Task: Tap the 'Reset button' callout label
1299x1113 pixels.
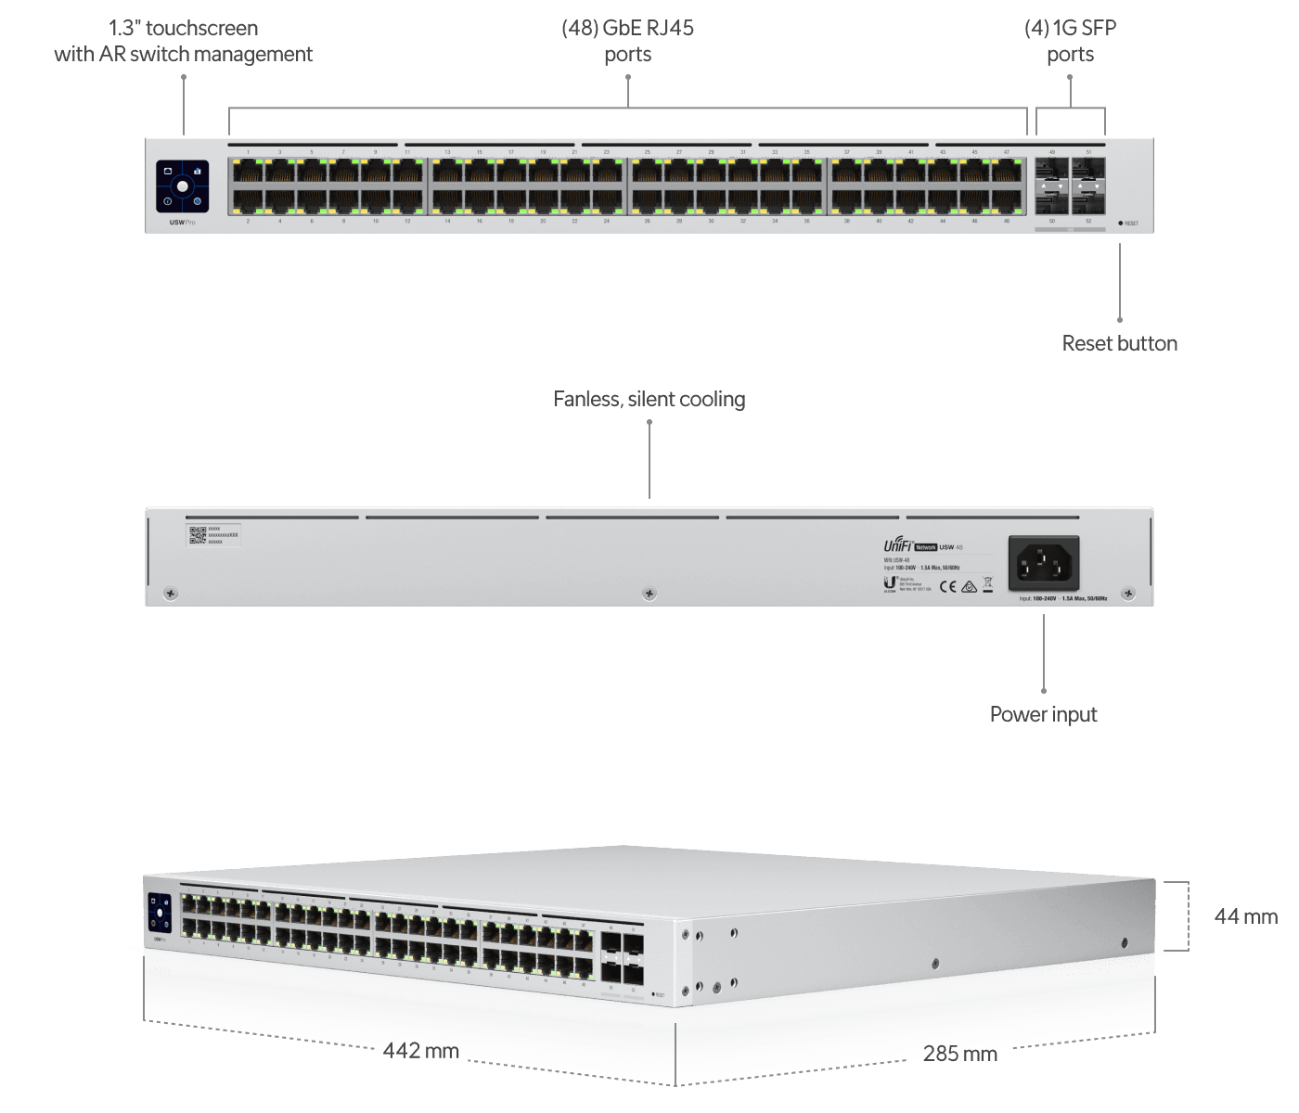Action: (1120, 343)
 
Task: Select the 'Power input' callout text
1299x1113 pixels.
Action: (1044, 714)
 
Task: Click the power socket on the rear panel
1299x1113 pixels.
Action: (1044, 563)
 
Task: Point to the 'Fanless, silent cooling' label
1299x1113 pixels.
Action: (649, 399)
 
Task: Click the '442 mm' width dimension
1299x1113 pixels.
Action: (421, 1051)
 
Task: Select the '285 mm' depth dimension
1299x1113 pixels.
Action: (960, 1054)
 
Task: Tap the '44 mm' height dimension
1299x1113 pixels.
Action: (1246, 916)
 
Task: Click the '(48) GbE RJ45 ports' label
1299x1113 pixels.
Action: (628, 41)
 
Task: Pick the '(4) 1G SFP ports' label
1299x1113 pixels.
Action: (1071, 41)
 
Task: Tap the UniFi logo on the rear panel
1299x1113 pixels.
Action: (897, 546)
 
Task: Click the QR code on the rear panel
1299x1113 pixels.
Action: (197, 535)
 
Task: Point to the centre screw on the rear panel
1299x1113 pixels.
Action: (649, 593)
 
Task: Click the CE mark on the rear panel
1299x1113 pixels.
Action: (948, 585)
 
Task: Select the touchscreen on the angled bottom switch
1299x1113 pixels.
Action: (160, 913)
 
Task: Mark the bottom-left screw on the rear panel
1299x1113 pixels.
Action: (170, 593)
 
